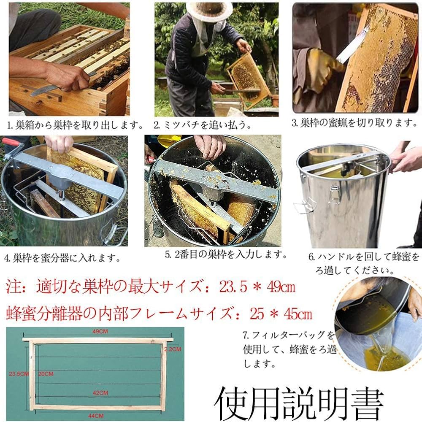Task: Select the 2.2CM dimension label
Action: (173, 349)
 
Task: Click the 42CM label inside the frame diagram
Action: (101, 392)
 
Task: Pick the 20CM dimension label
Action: (46, 373)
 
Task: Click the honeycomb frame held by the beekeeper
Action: (247, 78)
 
